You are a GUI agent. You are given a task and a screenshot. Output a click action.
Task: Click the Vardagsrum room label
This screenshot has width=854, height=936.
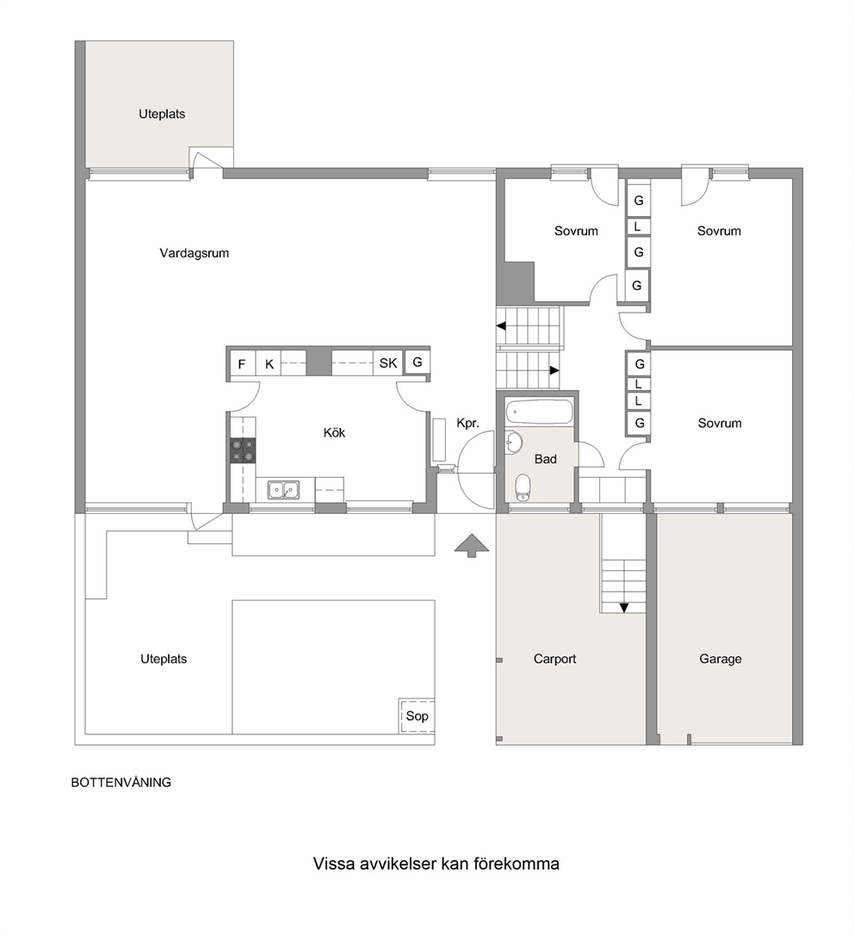194,253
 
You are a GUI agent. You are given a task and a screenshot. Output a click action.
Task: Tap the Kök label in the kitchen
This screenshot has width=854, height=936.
334,432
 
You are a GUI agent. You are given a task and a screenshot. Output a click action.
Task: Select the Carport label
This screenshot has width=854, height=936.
554,659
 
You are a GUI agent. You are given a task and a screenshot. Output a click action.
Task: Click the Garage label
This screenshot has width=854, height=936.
721,659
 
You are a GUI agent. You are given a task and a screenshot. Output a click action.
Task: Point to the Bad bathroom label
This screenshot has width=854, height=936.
546,459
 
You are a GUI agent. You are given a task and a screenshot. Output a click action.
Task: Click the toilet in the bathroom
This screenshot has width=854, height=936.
523,487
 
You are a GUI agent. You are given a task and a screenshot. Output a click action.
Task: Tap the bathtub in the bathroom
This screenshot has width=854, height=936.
539,412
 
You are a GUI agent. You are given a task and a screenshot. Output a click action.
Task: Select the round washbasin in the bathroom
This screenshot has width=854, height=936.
514,443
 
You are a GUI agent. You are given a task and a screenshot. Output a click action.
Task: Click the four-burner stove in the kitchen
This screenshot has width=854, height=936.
243,450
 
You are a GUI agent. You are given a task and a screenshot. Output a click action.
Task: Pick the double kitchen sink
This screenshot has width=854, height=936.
283,489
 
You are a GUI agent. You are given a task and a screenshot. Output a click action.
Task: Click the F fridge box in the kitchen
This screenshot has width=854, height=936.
242,363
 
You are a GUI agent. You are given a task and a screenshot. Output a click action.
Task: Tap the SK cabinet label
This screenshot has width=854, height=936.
388,363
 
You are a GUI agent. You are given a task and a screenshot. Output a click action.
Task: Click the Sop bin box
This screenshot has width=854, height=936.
417,716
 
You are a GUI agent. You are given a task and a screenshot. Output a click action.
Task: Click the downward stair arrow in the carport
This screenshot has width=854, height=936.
624,608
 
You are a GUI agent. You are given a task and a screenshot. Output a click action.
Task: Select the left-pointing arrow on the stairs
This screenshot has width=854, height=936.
501,326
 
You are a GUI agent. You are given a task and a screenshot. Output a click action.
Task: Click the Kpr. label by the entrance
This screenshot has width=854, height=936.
467,424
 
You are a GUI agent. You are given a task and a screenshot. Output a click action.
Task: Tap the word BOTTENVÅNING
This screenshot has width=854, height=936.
121,783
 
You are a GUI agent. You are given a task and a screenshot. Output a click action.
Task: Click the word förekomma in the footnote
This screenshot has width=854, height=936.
517,864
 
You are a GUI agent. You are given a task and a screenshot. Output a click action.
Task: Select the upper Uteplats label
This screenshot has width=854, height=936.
162,114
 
